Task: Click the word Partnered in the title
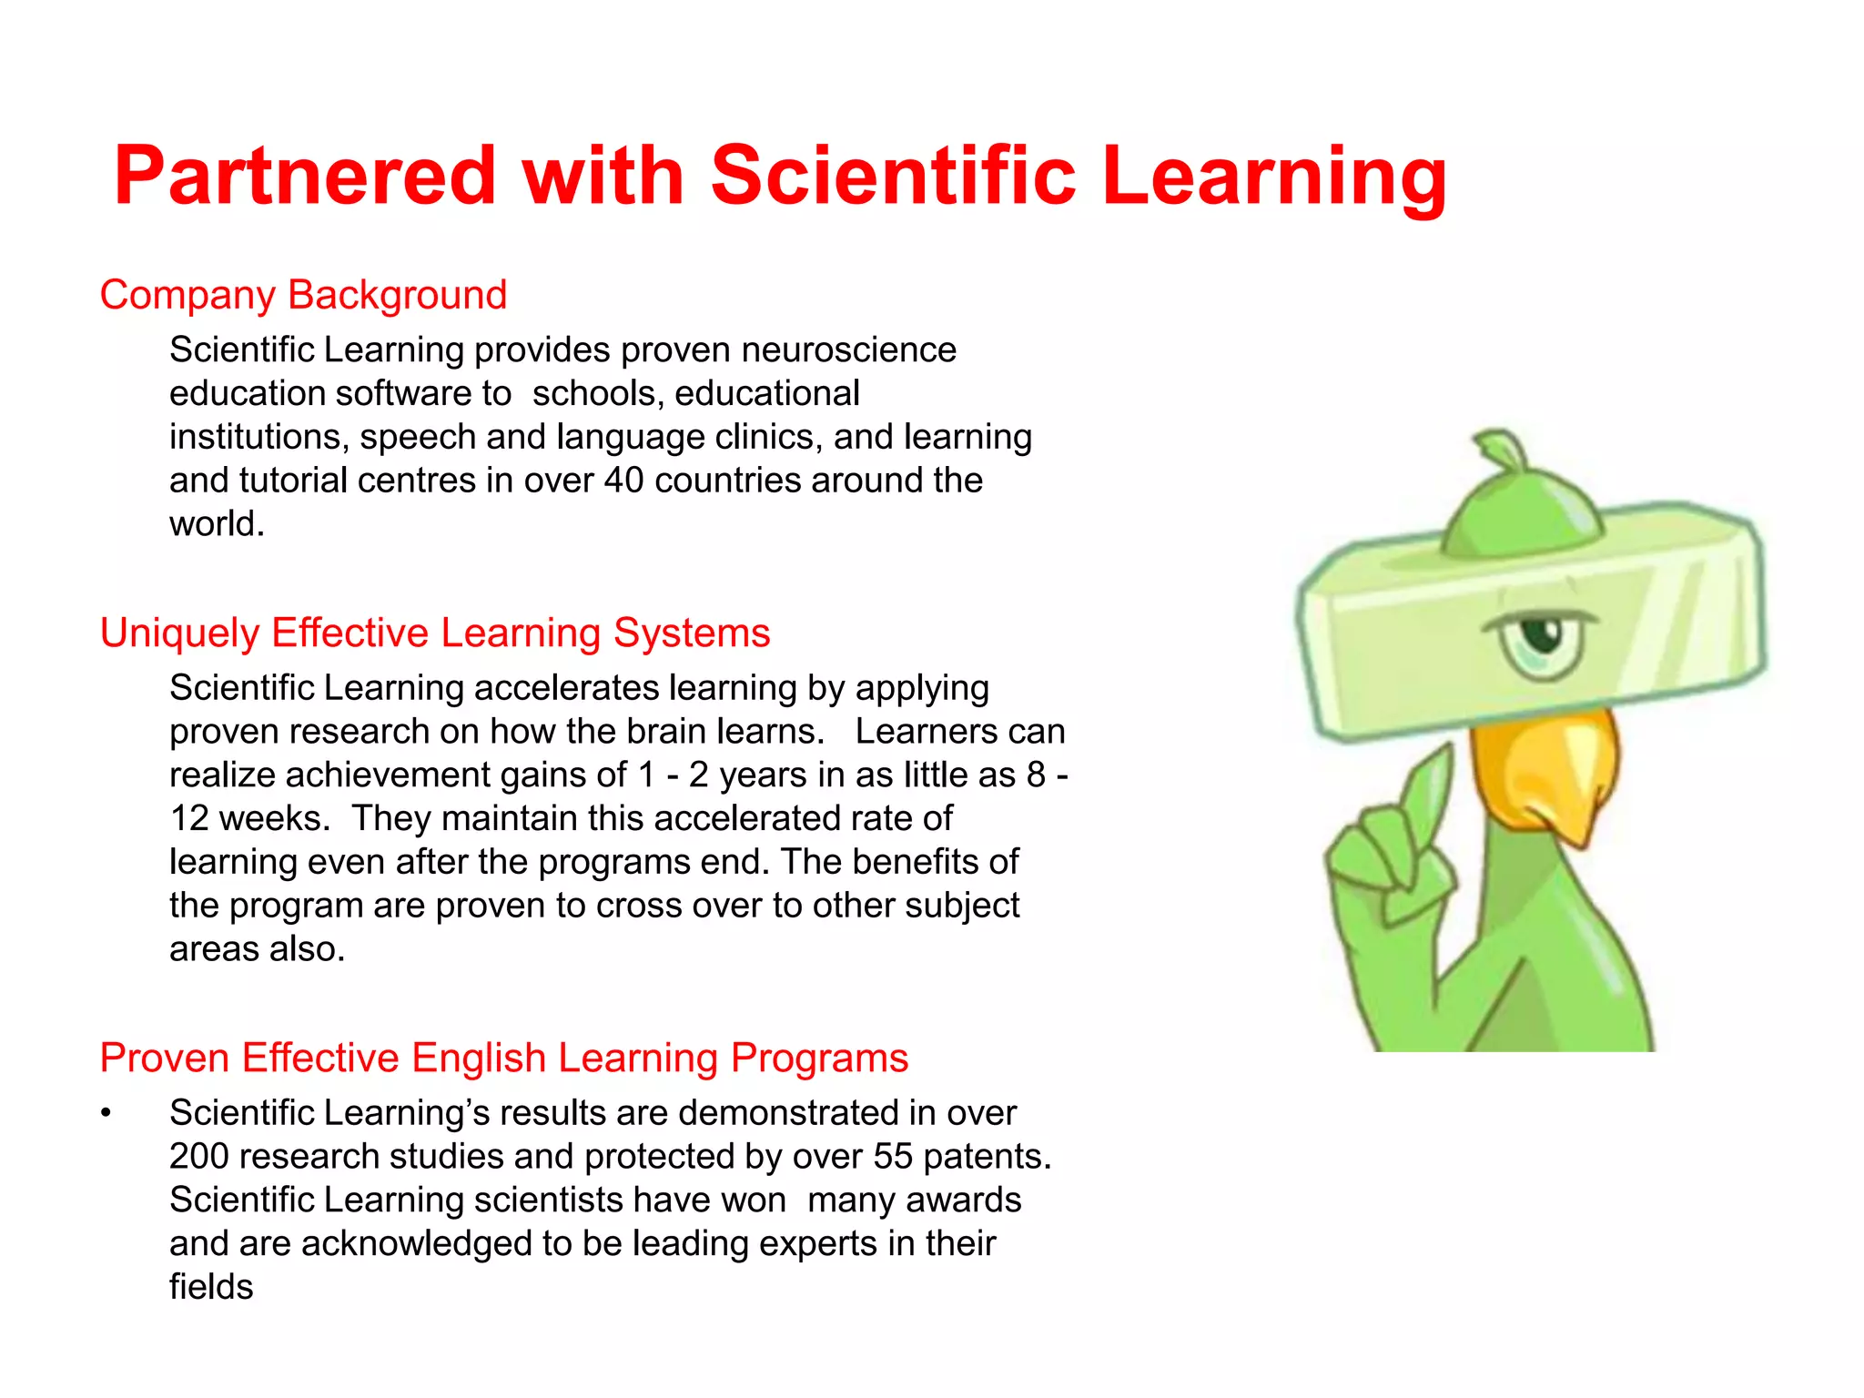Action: tap(305, 176)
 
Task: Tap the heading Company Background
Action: tap(303, 295)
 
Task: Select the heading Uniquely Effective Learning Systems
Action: tap(435, 633)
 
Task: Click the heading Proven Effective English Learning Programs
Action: tap(503, 1058)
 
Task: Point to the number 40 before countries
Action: tap(623, 481)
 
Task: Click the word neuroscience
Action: tap(848, 350)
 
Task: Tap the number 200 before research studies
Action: tap(199, 1157)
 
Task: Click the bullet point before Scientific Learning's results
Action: tap(106, 1114)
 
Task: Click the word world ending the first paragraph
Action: tap(216, 524)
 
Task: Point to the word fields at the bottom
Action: tap(211, 1287)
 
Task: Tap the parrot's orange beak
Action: tap(1547, 774)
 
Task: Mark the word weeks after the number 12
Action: tap(274, 819)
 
